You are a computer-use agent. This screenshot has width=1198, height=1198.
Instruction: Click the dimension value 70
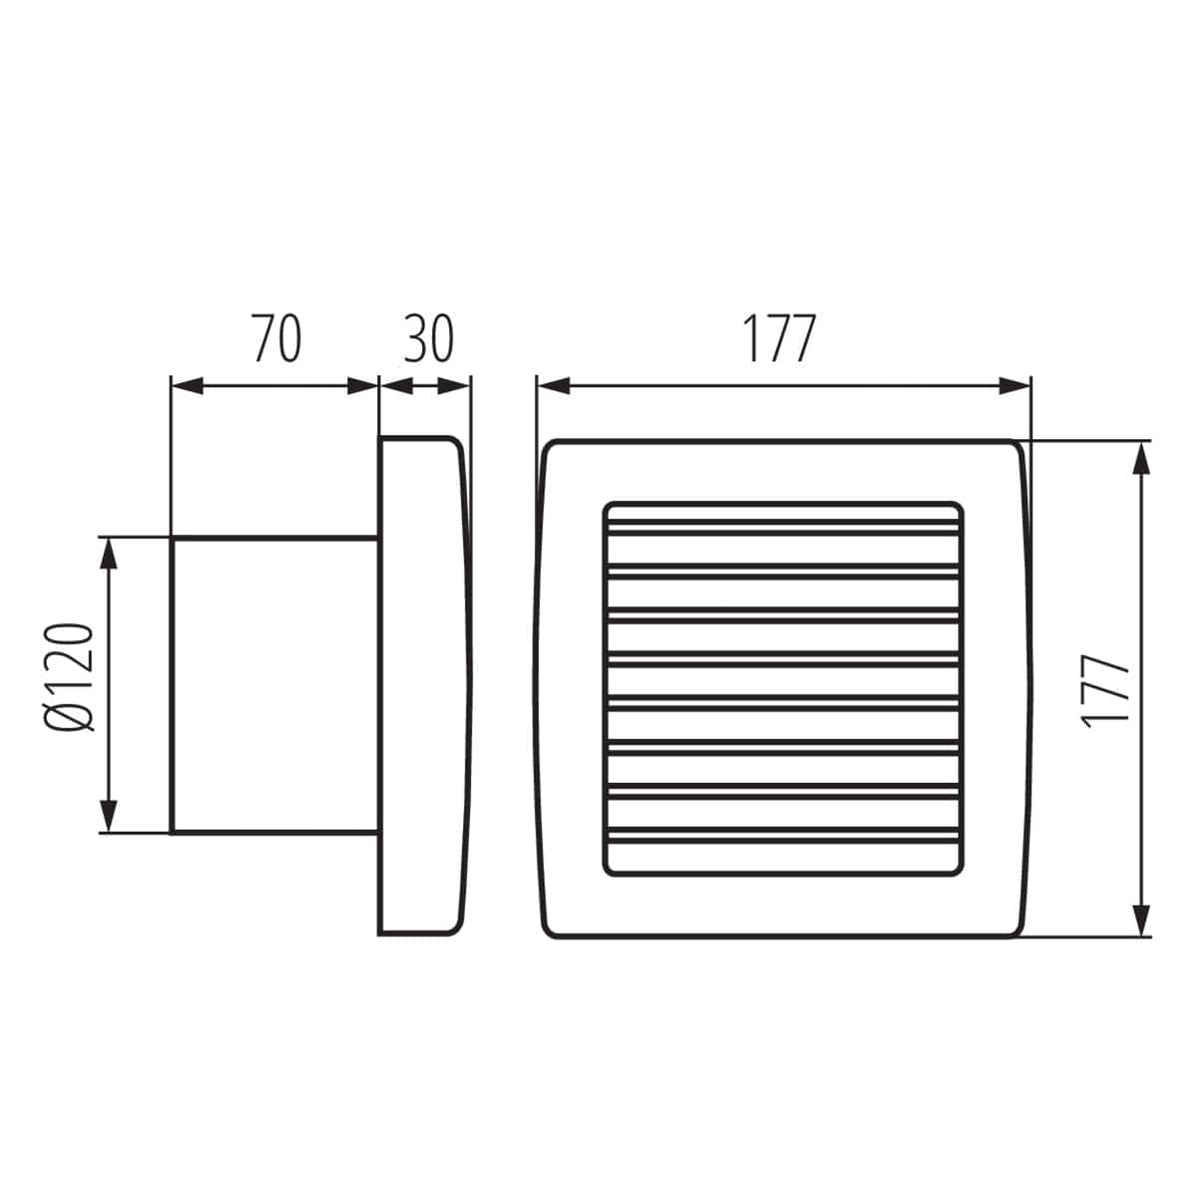coord(276,338)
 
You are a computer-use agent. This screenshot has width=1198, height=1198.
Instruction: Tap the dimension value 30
coord(428,338)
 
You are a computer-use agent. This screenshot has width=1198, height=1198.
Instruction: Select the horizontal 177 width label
coord(779,338)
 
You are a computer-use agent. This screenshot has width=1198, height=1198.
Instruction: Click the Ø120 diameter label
coord(71,678)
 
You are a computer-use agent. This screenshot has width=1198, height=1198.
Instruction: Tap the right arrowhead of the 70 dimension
coord(363,386)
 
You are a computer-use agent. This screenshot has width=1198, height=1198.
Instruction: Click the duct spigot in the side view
coord(275,685)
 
